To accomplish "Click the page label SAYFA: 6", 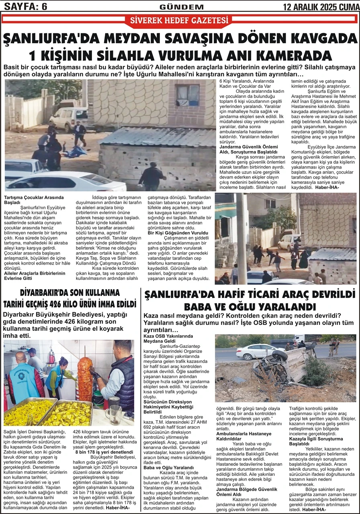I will coord(25,6).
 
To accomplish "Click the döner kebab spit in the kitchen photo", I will coord(85,378).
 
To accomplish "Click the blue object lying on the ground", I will coord(75,152).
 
